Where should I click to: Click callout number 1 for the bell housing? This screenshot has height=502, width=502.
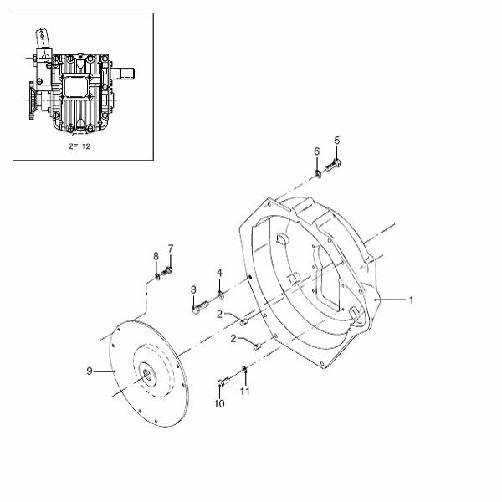[x=411, y=300]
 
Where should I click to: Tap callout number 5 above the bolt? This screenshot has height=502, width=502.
[x=337, y=141]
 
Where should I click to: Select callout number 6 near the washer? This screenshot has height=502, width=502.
[x=316, y=151]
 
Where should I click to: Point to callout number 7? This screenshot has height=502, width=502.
[x=171, y=248]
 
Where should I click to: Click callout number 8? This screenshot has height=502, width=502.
[x=156, y=256]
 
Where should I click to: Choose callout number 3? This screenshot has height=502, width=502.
[x=193, y=289]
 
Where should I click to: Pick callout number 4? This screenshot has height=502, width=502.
[x=219, y=273]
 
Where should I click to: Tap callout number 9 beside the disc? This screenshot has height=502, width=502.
[x=90, y=371]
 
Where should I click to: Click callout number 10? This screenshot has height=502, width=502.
[x=219, y=404]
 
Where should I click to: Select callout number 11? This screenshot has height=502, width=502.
[x=245, y=391]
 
